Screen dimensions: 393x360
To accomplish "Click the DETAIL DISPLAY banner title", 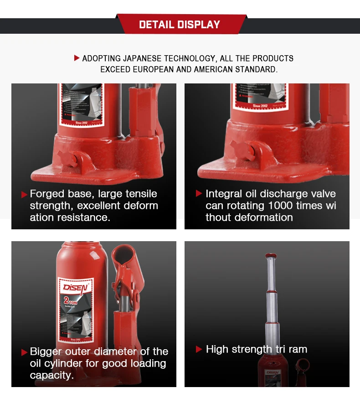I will [x=180, y=25].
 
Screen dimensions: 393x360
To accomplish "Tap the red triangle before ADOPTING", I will [x=77, y=58].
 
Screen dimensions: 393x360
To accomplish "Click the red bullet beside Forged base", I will [x=24, y=195].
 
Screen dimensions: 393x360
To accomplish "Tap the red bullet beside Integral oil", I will [x=199, y=194].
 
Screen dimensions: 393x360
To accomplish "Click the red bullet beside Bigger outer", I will [x=24, y=352].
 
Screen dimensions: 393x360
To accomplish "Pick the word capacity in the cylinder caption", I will [x=50, y=375].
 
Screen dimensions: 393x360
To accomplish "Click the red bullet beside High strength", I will [x=199, y=350].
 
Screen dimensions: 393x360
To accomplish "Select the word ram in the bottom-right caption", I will [x=298, y=349].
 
